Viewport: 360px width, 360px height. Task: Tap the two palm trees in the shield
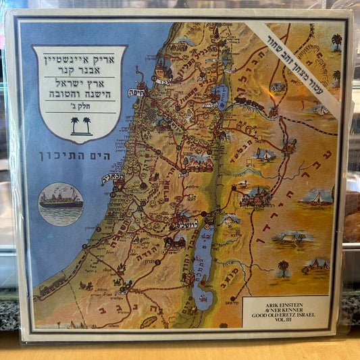80,125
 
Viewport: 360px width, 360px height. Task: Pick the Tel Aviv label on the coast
110,180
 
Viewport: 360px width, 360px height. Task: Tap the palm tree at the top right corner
336,43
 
